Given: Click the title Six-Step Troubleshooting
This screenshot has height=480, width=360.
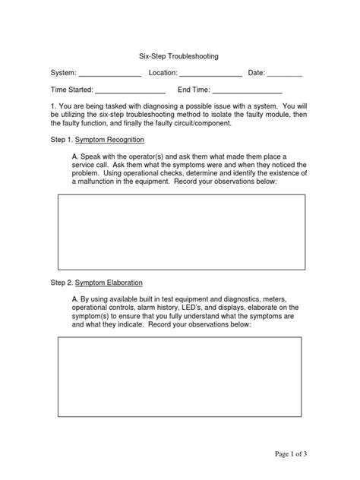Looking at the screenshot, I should point(179,56).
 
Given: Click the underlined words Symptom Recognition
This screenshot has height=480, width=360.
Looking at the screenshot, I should point(109,141).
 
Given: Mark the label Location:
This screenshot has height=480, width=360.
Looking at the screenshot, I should point(163,74).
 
